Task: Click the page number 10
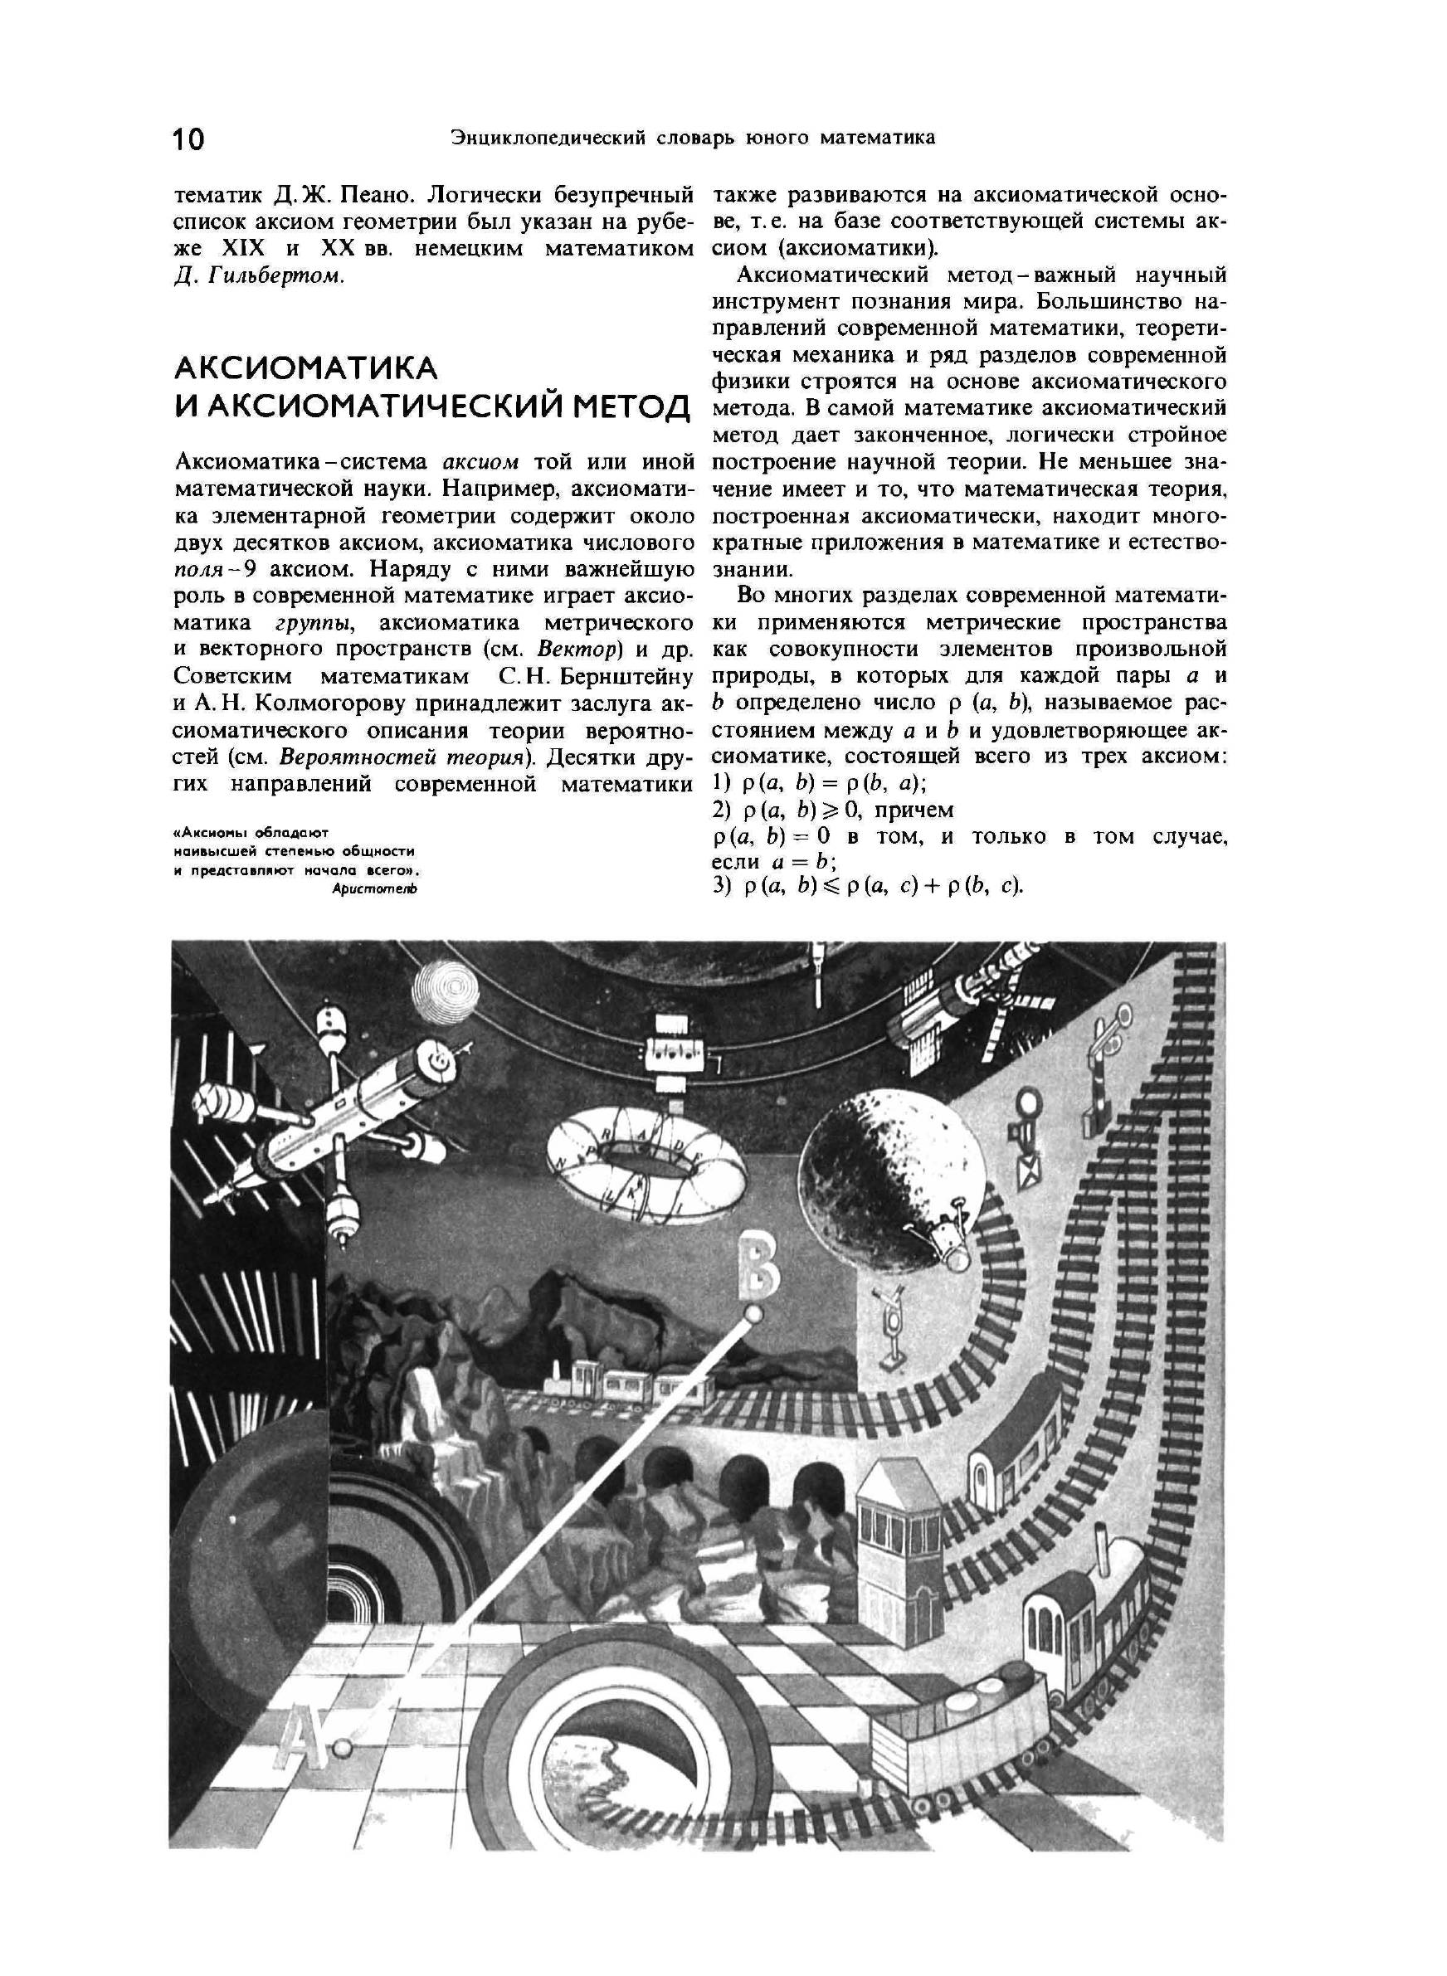(188, 139)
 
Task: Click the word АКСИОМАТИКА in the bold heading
(305, 368)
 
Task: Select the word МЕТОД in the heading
(631, 408)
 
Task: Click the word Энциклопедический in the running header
(547, 138)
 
